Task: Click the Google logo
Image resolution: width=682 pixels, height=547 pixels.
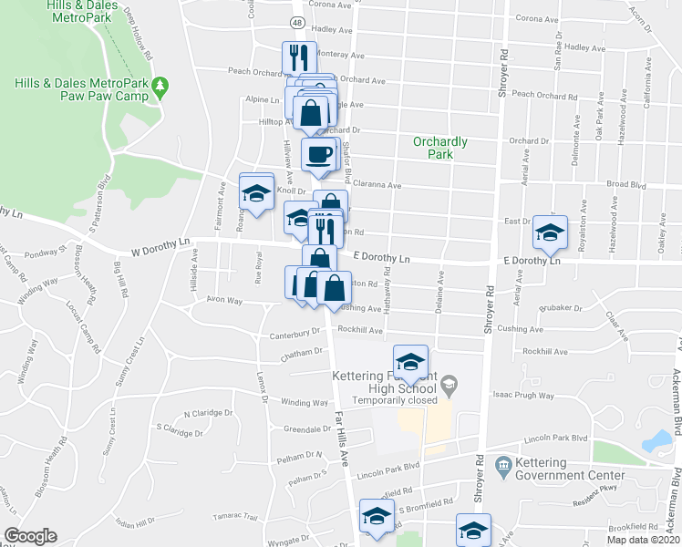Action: (30, 536)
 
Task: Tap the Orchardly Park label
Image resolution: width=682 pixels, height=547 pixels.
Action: (439, 148)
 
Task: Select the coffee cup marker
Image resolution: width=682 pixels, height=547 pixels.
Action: (318, 154)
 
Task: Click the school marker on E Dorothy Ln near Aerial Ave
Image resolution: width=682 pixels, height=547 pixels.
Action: (550, 232)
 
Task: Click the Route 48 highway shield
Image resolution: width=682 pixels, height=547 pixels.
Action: (298, 21)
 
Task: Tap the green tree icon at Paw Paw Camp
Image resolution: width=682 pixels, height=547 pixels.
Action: (161, 88)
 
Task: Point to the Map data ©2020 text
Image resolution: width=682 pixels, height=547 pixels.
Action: (643, 540)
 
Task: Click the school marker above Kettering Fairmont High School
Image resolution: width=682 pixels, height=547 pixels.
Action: (410, 363)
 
